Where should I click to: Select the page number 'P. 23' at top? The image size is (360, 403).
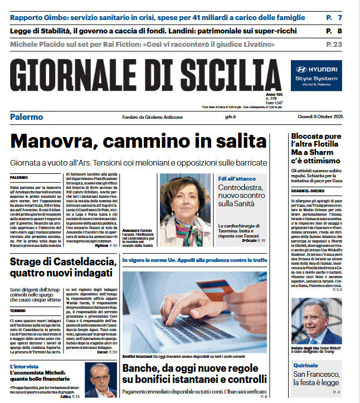[x=334, y=43]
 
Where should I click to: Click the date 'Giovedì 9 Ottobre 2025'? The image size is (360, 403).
[x=319, y=116]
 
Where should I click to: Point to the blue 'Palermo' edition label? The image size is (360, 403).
[x=26, y=116]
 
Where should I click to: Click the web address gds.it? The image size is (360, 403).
[x=231, y=116]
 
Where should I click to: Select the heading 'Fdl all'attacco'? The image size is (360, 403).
[x=237, y=178]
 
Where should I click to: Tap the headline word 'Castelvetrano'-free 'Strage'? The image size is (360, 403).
[x=28, y=262]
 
